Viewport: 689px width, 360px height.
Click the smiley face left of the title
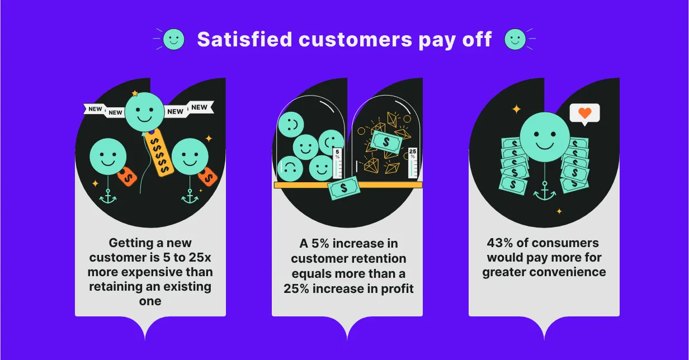[x=173, y=39]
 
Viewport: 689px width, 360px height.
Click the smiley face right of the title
[x=515, y=39]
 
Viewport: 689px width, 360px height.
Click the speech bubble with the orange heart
[x=584, y=113]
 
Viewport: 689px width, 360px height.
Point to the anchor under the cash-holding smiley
[x=545, y=192]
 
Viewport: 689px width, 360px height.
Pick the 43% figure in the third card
[x=499, y=243]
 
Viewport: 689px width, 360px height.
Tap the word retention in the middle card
[x=378, y=259]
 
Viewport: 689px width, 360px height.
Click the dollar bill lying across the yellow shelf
[x=343, y=188]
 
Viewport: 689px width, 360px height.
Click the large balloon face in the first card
[x=145, y=111]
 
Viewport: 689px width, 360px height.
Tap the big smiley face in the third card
[x=545, y=138]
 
